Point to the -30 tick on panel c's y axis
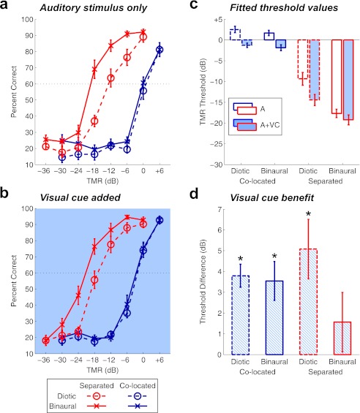[x=217, y=164]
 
